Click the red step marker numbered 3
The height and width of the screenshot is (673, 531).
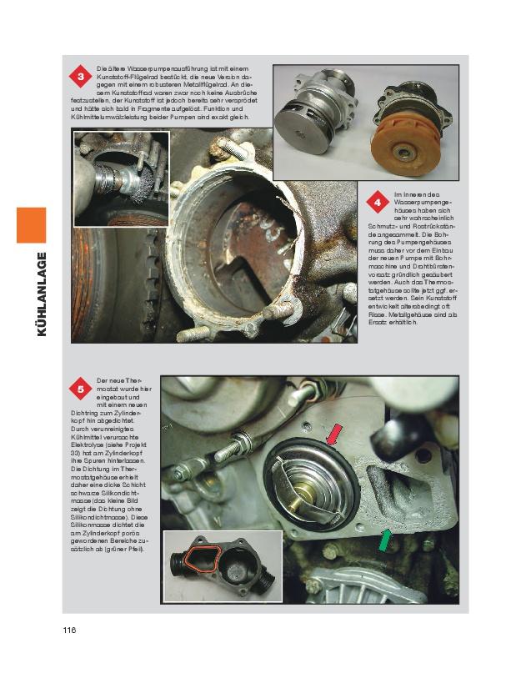point(80,77)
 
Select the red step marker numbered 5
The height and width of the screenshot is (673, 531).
point(80,389)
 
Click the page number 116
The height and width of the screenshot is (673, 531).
point(69,630)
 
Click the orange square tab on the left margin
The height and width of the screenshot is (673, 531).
point(32,225)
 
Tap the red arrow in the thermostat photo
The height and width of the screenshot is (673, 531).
point(333,434)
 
